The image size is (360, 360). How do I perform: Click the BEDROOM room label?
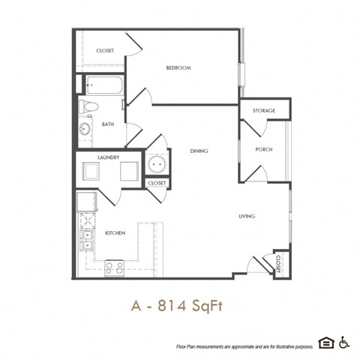(178, 68)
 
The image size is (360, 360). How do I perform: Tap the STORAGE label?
(263, 110)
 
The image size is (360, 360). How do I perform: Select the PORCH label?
(263, 149)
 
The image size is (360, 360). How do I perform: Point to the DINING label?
(199, 151)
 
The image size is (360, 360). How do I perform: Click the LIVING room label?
(247, 216)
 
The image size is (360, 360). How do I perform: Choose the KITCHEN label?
(114, 233)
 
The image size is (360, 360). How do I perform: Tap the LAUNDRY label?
(109, 157)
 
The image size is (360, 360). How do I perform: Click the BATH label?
(108, 124)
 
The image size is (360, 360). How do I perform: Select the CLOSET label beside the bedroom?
(105, 50)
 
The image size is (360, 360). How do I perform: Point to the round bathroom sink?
(85, 129)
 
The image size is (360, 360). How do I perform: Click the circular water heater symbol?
(157, 163)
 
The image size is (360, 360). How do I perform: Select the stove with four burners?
(114, 265)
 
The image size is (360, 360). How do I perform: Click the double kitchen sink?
(86, 239)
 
